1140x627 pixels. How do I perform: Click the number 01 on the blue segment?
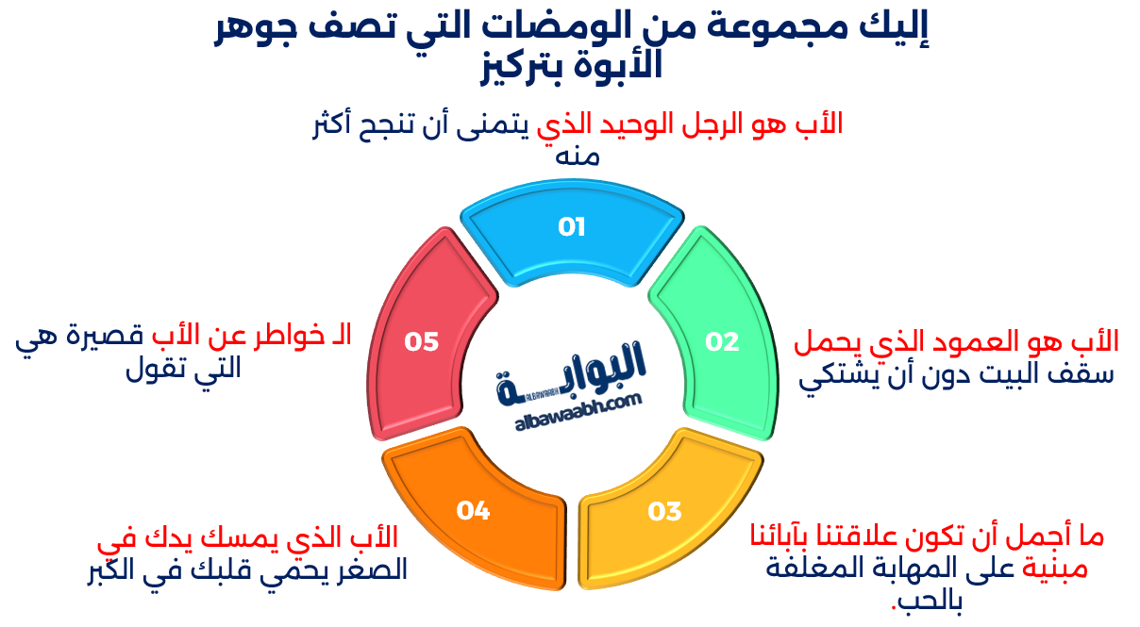572,227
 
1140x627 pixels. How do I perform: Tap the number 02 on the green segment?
722,341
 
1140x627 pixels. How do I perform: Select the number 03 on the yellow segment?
664,511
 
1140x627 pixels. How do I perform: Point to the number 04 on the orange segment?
473,511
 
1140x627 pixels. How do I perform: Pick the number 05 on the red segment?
422,341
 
